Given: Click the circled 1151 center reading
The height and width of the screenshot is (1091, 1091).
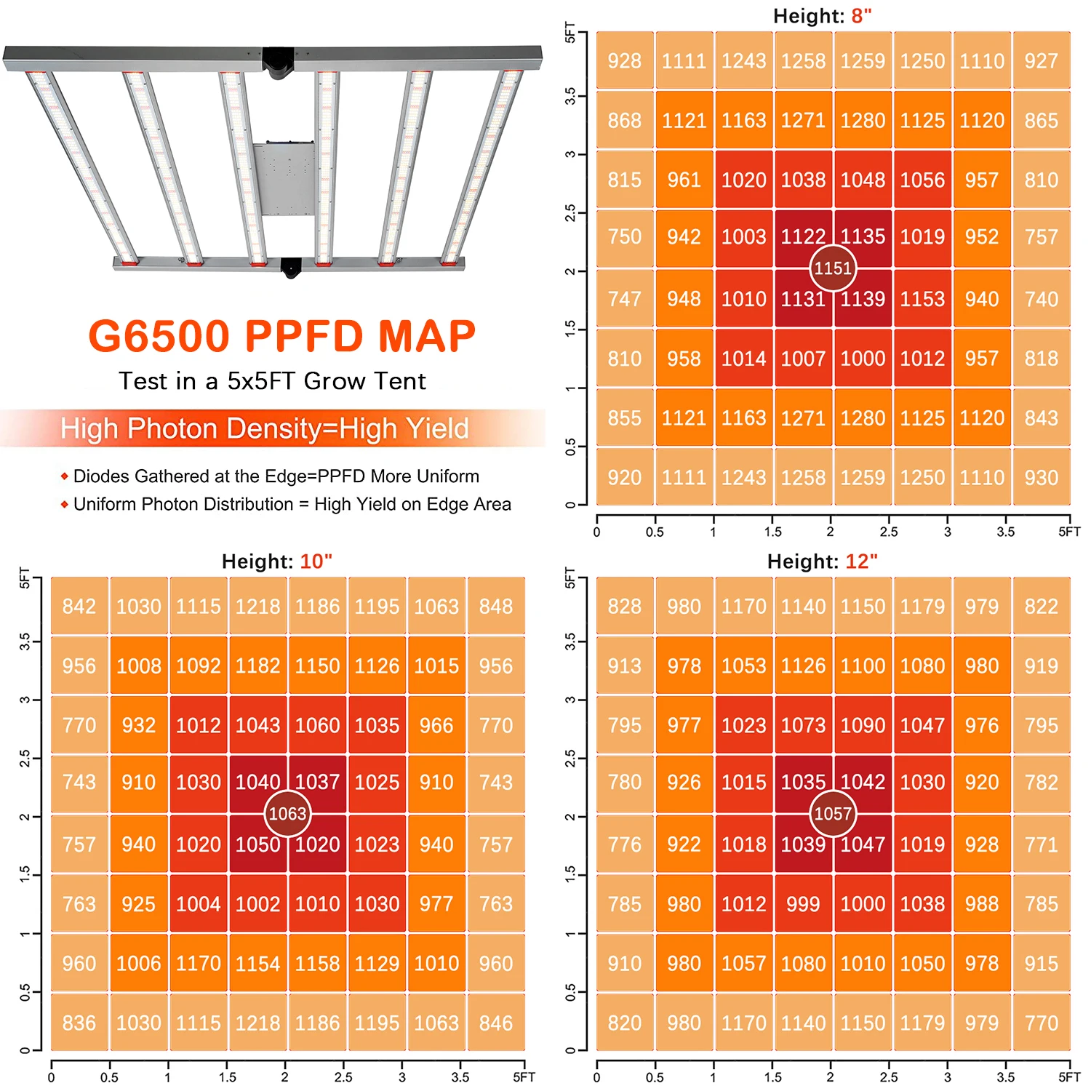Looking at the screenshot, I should coord(833,268).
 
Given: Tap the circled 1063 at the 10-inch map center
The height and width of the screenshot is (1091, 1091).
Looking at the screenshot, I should coord(287,814).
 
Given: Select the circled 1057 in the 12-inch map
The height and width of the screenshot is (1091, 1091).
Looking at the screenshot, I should coord(833,814).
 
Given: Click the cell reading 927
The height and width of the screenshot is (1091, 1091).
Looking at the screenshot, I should coord(1041,61).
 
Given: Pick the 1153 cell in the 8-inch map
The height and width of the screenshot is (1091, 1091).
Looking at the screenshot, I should coord(922,299).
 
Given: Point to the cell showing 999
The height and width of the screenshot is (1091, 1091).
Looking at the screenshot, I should coord(803,904).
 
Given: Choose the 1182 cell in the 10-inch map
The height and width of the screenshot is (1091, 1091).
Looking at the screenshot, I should coord(257,666).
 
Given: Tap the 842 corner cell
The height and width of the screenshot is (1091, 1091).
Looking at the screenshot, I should coord(79,607).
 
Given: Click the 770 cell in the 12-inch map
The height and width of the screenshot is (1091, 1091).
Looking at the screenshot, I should coord(1041,1023).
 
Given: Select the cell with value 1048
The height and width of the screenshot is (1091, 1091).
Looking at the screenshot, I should coord(863,180).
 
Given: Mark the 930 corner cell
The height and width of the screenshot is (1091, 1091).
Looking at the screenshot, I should coord(1041,478).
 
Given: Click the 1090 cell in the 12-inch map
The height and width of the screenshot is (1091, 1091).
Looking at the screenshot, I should coord(863,726).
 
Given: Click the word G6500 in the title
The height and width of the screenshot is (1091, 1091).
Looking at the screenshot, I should coord(159,336).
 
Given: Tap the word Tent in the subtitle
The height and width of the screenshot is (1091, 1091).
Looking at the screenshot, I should coord(396,381).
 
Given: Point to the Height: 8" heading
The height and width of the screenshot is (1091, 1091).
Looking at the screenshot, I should coord(822,16).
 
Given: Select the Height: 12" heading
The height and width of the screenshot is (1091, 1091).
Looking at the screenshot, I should coord(822,562).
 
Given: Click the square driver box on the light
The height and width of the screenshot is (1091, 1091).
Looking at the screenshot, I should coord(284,179).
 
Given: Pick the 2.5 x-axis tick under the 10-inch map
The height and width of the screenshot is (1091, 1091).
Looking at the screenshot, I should coord(343,1077).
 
